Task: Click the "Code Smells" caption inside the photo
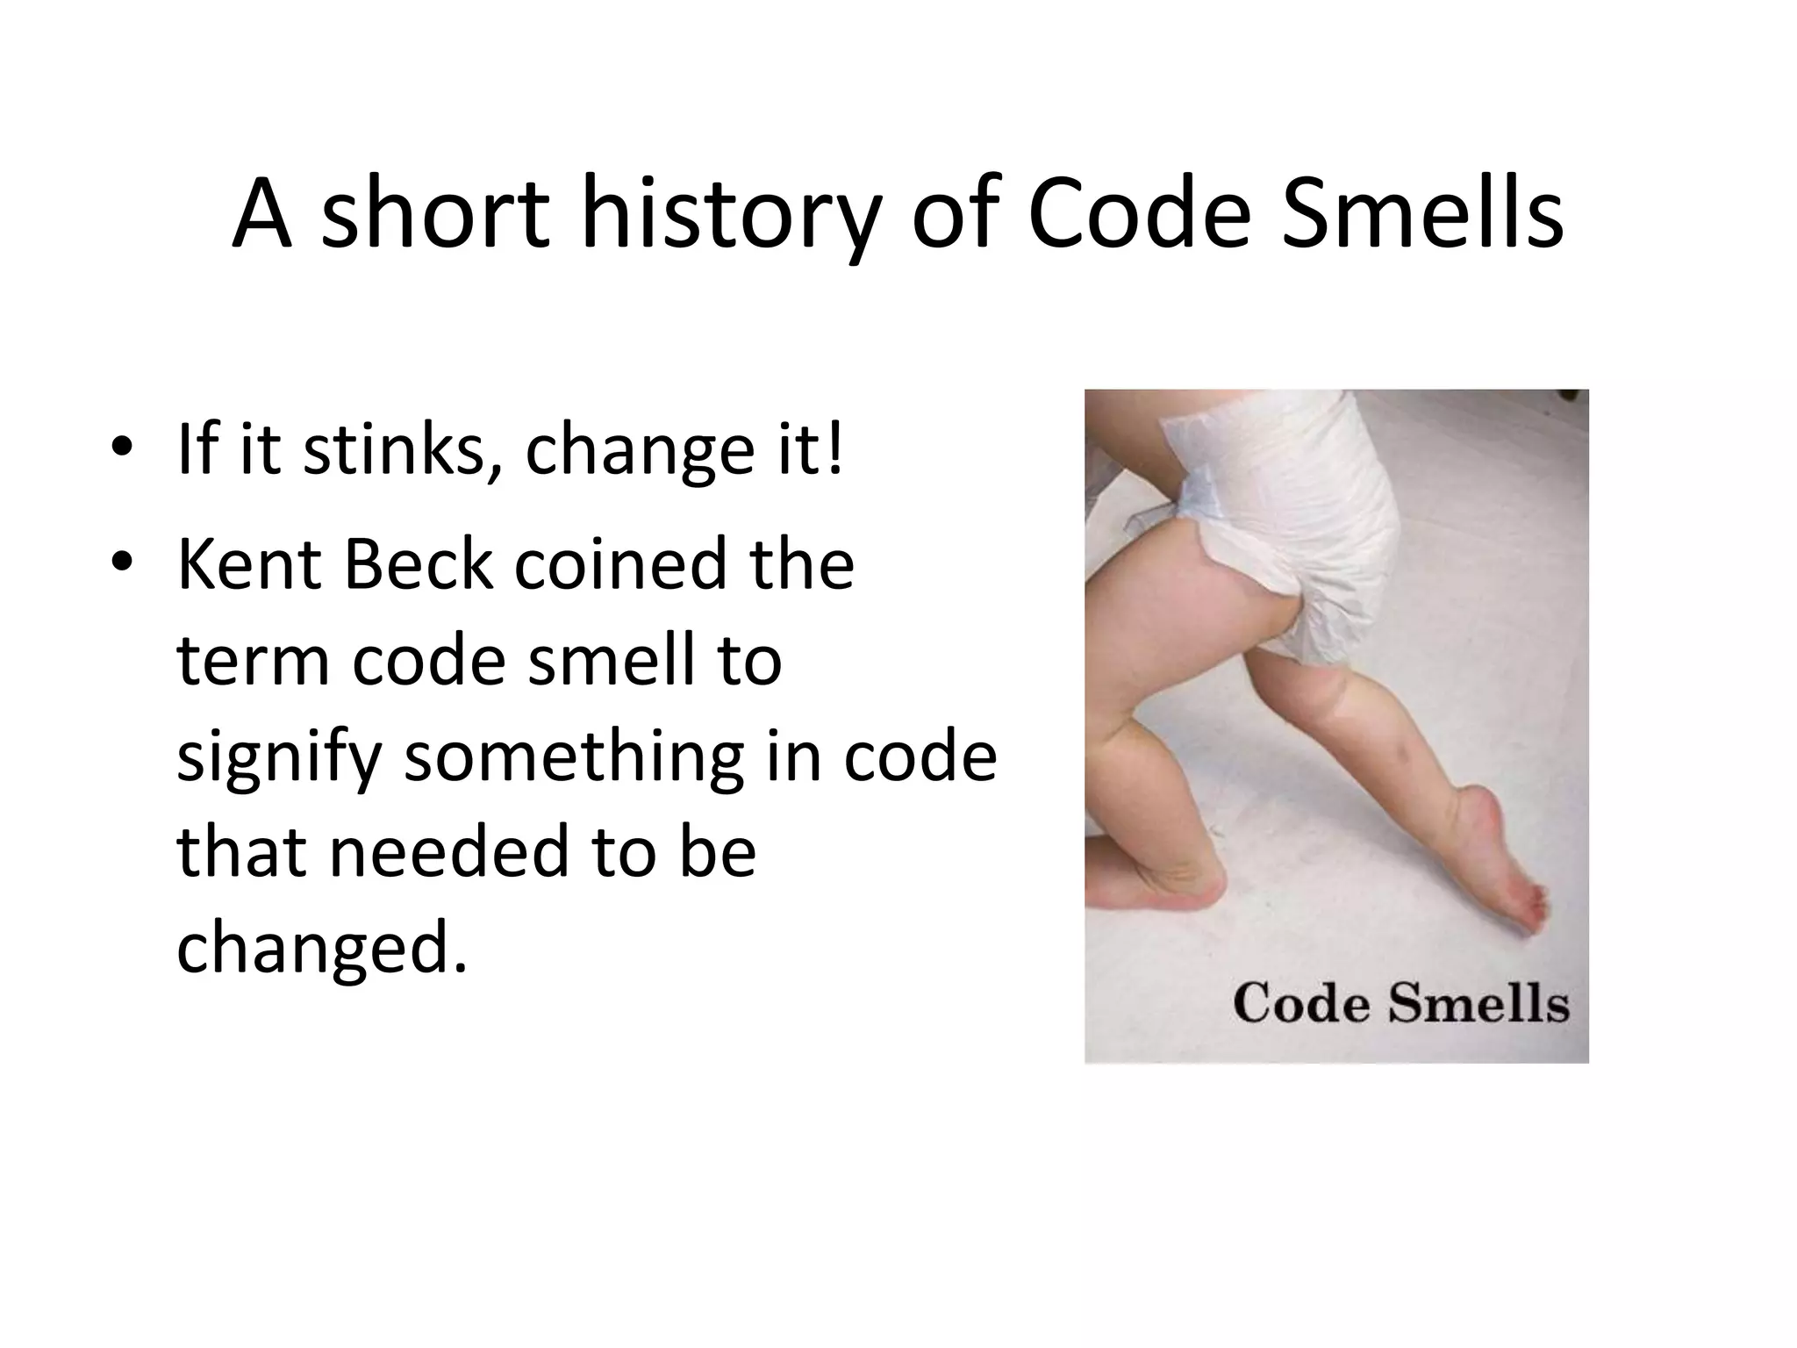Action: (x=1400, y=1003)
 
